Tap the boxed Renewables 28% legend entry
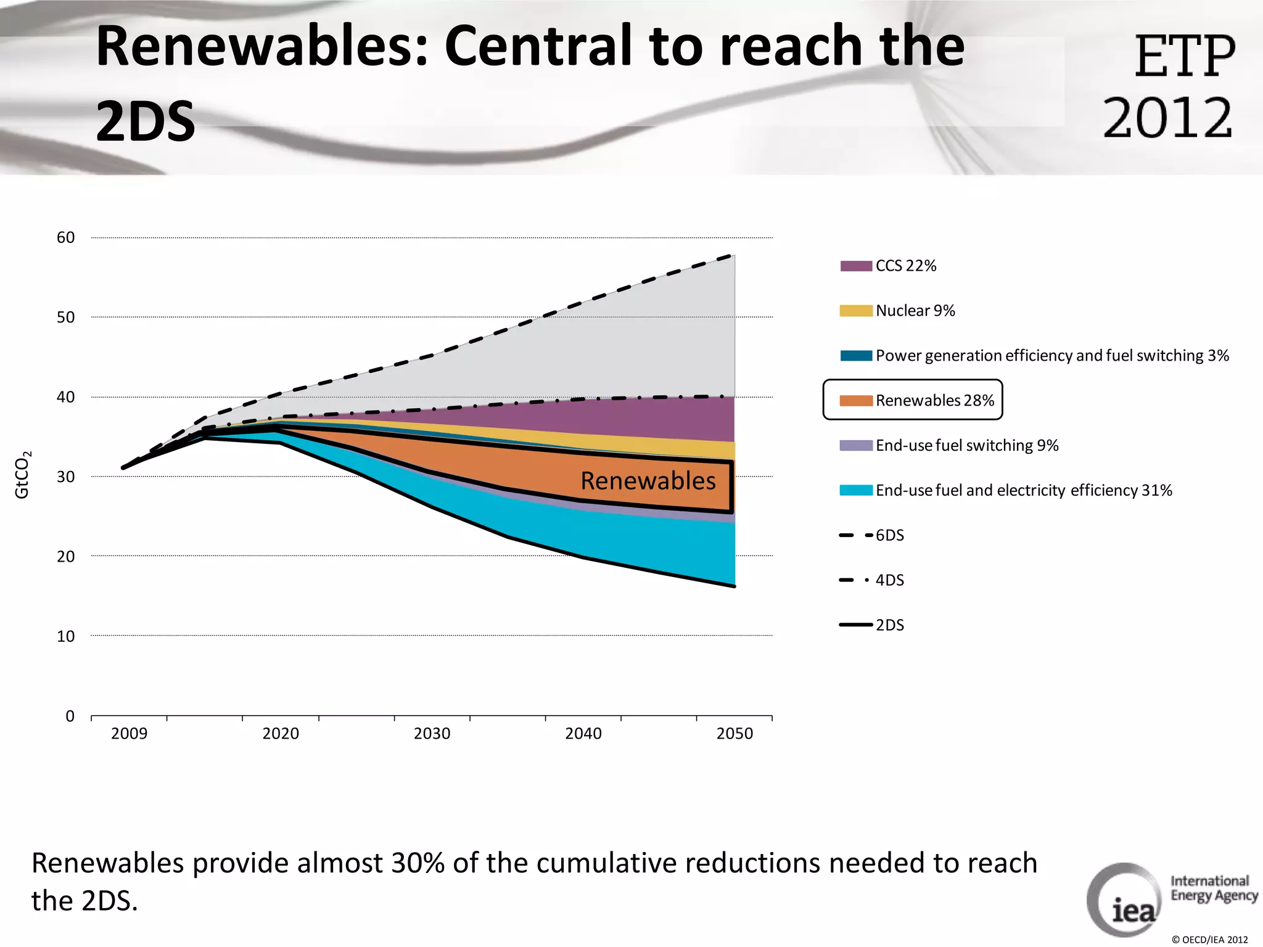[913, 400]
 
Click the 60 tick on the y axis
[66, 238]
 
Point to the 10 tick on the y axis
[66, 636]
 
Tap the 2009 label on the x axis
[129, 734]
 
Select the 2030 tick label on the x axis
[432, 734]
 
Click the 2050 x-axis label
[734, 734]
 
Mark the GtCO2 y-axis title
[22, 475]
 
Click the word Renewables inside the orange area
[648, 481]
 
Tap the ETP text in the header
[1185, 57]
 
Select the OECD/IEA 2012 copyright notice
[1209, 940]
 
